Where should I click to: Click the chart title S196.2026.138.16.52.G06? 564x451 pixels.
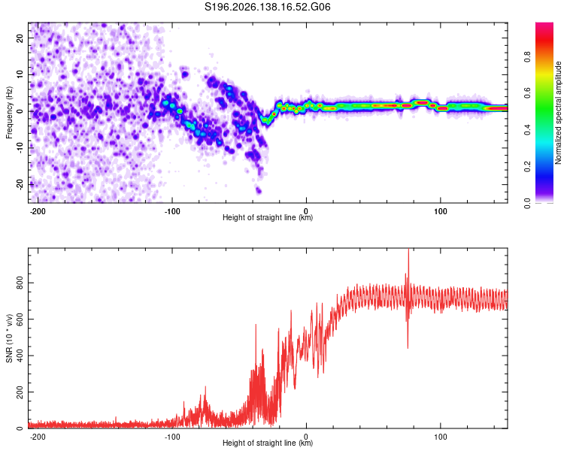point(267,7)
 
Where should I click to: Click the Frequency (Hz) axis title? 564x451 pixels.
point(9,113)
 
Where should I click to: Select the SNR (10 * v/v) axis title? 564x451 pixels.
point(9,338)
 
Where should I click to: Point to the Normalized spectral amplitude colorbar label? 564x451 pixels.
point(558,113)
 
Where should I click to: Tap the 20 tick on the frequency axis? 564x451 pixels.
point(20,38)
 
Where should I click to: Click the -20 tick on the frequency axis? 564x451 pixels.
point(20,184)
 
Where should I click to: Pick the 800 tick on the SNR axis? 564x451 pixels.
point(20,283)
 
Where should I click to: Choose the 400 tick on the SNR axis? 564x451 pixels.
point(20,356)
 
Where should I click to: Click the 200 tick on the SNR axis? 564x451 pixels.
point(20,392)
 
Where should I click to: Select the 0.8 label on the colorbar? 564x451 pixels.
point(527,56)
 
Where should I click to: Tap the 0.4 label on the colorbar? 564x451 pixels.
point(527,130)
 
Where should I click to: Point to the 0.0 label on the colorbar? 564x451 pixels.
point(527,203)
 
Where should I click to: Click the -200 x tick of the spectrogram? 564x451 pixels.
point(38,211)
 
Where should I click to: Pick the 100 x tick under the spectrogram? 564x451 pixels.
point(440,211)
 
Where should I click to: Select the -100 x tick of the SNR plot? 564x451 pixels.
point(172,437)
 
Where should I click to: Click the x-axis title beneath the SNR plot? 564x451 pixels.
point(268,443)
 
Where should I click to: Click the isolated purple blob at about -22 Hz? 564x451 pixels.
point(258,190)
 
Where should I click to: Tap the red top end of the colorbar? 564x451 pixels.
point(544,25)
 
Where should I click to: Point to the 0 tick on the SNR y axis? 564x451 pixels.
point(20,428)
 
